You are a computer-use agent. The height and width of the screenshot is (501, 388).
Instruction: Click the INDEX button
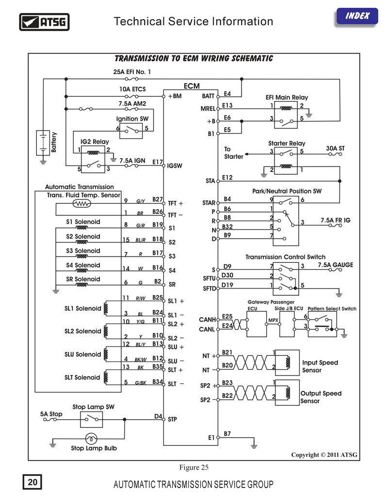click(x=357, y=16)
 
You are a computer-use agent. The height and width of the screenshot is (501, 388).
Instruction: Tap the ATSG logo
click(x=44, y=22)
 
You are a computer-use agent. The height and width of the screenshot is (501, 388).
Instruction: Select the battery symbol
click(x=43, y=143)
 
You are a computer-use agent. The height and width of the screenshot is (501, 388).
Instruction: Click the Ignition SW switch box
click(x=131, y=131)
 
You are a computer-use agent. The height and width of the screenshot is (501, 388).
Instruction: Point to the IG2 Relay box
click(x=93, y=159)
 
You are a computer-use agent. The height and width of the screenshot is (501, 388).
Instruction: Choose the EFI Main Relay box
click(x=286, y=115)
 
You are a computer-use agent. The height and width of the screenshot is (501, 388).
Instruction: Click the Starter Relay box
click(x=286, y=160)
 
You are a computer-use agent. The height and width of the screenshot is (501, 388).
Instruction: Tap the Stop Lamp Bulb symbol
click(x=91, y=439)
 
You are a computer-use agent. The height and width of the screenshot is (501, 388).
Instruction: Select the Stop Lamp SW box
click(x=92, y=419)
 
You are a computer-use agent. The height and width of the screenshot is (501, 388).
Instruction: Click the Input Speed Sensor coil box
click(x=287, y=363)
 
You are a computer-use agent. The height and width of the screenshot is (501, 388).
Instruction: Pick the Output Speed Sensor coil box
click(x=287, y=393)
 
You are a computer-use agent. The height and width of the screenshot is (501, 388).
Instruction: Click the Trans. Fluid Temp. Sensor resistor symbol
click(x=81, y=203)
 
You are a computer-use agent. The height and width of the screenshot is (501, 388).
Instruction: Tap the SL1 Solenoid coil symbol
click(x=106, y=308)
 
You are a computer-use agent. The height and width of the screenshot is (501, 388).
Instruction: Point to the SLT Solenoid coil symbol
click(x=106, y=378)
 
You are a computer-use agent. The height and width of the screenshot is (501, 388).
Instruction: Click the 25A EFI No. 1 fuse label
click(x=132, y=72)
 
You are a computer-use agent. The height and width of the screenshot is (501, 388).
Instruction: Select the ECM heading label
click(x=192, y=86)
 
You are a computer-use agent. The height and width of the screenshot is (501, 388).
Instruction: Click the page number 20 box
click(x=32, y=482)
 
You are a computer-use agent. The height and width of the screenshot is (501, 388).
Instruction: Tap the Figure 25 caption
click(x=194, y=467)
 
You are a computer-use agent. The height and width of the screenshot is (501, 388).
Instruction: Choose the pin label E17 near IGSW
click(x=158, y=162)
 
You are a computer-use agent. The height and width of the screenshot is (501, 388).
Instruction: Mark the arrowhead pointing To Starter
click(x=247, y=154)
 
